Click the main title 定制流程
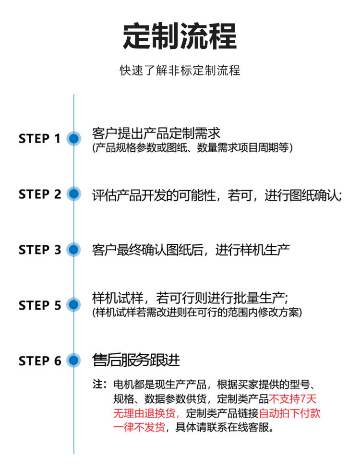coord(180,36)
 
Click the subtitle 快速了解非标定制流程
coord(180,71)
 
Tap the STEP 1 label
coord(40,139)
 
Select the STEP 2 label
coord(40,194)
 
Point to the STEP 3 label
coord(40,250)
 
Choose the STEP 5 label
coord(40,305)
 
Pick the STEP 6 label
coord(40,361)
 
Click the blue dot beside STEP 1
coord(73,139)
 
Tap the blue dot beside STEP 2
coord(73,194)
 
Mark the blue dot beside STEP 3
coord(73,250)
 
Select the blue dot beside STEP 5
coord(73,305)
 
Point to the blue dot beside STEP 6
coord(73,361)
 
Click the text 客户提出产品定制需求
coord(156,133)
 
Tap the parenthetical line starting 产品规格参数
coord(192,147)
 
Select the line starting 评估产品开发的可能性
coord(216,195)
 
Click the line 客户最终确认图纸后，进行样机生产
coord(191,250)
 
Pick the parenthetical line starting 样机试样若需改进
coord(197,312)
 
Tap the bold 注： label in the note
coord(99,385)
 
